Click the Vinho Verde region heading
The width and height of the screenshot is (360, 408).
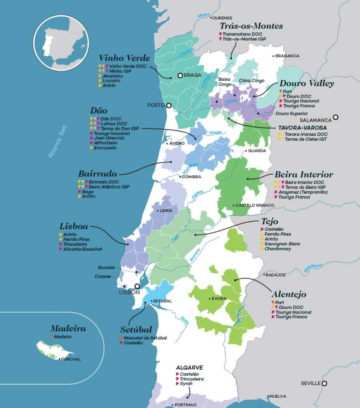[x=124, y=58]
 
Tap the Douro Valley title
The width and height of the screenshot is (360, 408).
[x=306, y=84]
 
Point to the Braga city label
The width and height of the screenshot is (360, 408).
[x=192, y=75]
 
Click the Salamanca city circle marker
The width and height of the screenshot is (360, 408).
[x=336, y=117]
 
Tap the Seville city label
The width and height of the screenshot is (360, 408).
[x=310, y=383]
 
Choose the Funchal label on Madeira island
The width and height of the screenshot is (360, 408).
[x=71, y=359]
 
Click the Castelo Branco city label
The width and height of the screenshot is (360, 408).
[x=255, y=205]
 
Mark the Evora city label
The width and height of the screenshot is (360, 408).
[x=219, y=298]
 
